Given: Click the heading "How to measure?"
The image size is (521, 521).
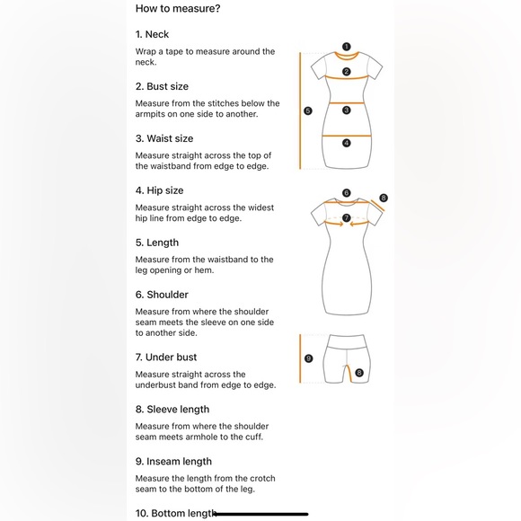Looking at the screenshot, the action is coord(178,8).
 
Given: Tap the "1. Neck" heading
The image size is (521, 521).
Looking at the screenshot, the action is coord(152,34).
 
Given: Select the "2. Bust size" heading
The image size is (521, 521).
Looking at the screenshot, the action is coord(162,86).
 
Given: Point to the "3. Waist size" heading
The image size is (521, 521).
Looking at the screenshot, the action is coord(164,138).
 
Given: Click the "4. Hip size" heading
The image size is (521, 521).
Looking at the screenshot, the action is coord(160,190).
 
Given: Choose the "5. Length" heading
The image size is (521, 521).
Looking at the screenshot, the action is coord(157,243).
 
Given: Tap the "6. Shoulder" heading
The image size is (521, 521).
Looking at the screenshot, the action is coord(162,295).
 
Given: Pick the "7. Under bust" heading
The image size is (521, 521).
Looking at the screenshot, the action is coord(166,358).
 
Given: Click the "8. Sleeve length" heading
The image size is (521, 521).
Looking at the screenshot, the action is coord(172,410).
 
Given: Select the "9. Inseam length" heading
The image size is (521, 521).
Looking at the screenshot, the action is coord(173,462).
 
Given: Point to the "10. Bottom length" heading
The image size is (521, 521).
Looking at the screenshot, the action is coord(176,513).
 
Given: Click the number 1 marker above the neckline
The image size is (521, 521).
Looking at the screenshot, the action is coord(346,47).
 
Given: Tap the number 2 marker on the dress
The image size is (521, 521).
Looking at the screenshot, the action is coord(346,72).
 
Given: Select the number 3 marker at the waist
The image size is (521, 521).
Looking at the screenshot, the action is coord(346,110).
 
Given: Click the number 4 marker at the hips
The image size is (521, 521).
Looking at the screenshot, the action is coord(346,143).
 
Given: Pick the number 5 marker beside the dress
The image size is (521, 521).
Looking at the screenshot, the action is coord(308,110).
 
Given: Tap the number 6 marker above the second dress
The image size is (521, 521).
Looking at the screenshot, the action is coord(346,193).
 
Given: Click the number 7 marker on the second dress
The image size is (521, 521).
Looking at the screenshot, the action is coord(346,217).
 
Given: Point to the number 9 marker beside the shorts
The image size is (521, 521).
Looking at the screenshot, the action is coord(309,358).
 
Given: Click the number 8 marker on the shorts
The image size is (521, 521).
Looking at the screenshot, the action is coord(359,373).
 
